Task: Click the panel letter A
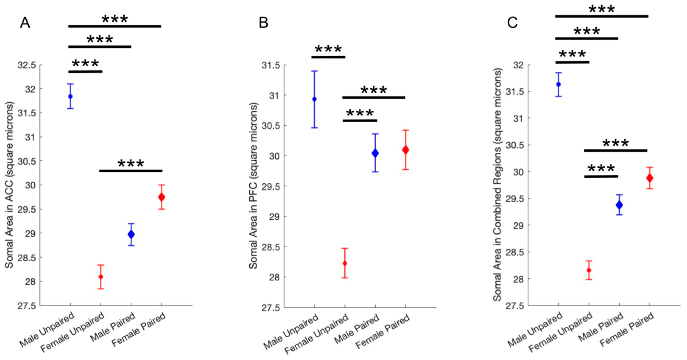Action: (25, 23)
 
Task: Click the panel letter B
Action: (264, 23)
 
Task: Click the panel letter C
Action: (512, 23)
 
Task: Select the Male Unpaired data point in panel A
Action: (70, 96)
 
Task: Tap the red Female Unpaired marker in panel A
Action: (101, 277)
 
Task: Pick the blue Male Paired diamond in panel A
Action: (131, 234)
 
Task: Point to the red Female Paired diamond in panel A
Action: (161, 197)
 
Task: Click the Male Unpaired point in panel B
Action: (314, 99)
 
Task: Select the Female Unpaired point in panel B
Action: (345, 264)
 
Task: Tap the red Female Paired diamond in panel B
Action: (406, 150)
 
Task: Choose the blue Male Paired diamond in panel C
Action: (619, 205)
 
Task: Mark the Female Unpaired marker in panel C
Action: (589, 270)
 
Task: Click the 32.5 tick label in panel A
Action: (27, 65)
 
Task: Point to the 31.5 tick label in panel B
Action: (271, 65)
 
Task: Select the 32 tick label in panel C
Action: (518, 65)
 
